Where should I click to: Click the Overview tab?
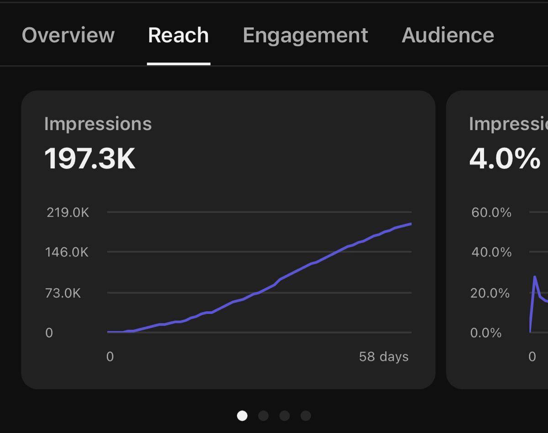click(68, 35)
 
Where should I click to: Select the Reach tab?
click(178, 35)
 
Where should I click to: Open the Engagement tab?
click(306, 36)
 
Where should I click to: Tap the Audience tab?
click(448, 35)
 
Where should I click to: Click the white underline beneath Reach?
click(179, 64)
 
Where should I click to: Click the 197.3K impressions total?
click(90, 158)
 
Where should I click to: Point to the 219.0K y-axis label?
click(68, 213)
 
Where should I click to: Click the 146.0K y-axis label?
click(67, 252)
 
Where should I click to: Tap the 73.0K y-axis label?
click(63, 293)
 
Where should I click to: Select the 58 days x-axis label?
click(384, 356)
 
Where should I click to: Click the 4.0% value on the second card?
click(505, 158)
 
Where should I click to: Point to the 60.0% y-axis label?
click(491, 213)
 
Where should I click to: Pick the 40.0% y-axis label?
click(491, 252)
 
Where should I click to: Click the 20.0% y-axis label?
click(490, 293)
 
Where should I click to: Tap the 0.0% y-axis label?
click(486, 333)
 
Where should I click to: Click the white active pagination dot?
click(242, 416)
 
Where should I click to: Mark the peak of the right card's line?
click(535, 277)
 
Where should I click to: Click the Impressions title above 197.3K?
click(98, 124)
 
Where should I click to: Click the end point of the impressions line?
click(411, 224)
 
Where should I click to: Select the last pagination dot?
click(306, 416)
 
